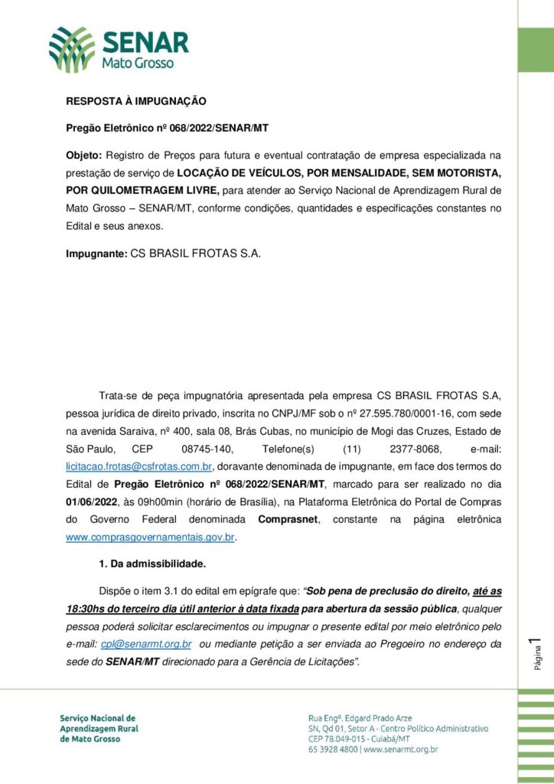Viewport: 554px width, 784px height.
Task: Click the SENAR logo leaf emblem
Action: click(x=72, y=48)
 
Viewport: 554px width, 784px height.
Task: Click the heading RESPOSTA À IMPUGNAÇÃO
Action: click(x=135, y=100)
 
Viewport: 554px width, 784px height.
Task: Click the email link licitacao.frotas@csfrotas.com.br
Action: click(x=138, y=465)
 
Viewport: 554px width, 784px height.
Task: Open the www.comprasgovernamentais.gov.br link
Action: click(x=150, y=537)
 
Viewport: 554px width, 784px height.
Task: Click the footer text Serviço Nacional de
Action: click(x=97, y=718)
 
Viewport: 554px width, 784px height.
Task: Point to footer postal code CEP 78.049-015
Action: click(x=336, y=739)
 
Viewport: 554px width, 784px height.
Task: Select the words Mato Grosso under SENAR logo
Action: click(x=138, y=64)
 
